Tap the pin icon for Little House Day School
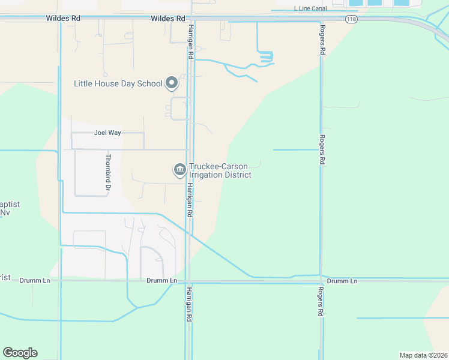click(172, 83)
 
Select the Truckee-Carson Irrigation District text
click(220, 170)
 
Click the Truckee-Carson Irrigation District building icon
click(179, 170)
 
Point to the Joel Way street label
click(108, 133)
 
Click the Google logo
click(20, 353)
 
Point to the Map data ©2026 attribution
click(423, 355)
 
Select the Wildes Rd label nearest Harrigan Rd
click(168, 19)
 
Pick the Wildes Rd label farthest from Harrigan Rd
click(63, 19)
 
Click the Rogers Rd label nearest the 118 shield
click(322, 40)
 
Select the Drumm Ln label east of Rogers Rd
click(342, 281)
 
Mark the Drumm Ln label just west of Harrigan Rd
click(162, 281)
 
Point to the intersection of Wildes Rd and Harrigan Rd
click(189, 19)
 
